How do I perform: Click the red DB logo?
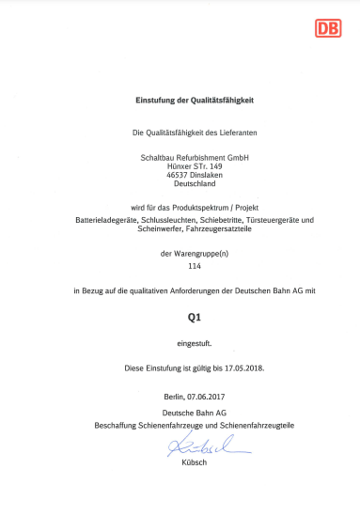[328, 28]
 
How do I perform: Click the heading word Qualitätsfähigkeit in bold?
[223, 99]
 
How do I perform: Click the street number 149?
[212, 166]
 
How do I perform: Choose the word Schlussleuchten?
[175, 220]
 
